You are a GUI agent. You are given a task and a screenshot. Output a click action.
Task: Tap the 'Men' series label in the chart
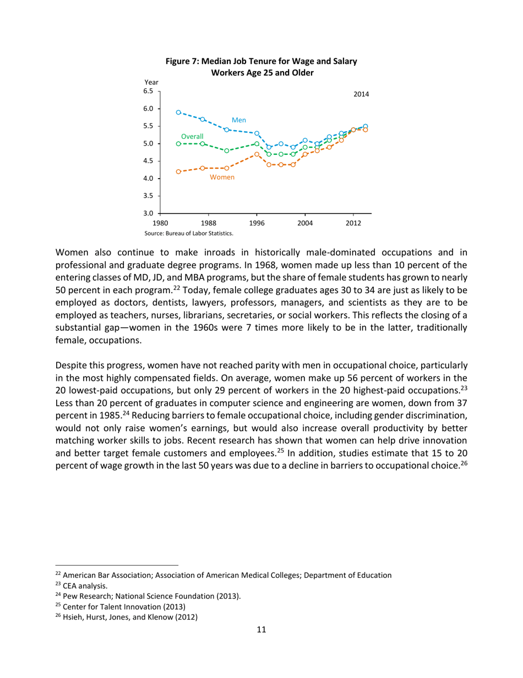(x=238, y=119)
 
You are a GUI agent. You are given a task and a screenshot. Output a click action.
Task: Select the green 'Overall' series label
(x=192, y=136)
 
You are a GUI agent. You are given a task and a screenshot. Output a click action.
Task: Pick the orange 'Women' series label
(x=222, y=177)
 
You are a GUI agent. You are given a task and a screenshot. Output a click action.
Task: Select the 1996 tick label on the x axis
(x=257, y=223)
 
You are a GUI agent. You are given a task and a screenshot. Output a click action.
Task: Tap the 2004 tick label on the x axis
(x=305, y=223)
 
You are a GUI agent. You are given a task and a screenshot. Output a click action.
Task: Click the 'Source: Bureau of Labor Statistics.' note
(x=189, y=233)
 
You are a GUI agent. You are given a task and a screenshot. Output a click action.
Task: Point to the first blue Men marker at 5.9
(x=178, y=112)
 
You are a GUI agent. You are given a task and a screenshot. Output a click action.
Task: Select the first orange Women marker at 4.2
(x=178, y=171)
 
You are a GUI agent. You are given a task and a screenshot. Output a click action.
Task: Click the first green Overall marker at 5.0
(x=178, y=143)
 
